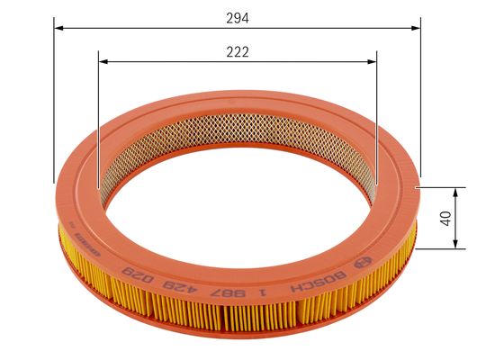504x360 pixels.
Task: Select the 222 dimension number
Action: [238, 52]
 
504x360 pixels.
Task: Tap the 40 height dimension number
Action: [444, 219]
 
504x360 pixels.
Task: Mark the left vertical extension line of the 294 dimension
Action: [54, 99]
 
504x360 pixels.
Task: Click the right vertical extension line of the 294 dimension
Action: [420, 99]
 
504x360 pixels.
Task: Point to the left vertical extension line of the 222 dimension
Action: [98, 117]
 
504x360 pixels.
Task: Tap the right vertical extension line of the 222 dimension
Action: [377, 117]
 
